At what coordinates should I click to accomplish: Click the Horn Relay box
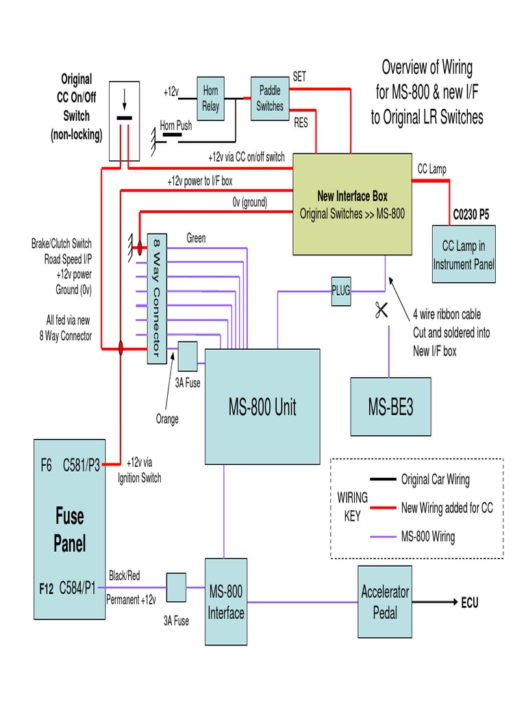point(210,99)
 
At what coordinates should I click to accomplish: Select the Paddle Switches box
point(270,99)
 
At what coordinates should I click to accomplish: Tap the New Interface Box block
point(352,204)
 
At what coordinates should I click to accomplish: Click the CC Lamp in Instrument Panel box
point(464,254)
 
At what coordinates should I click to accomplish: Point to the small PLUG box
point(340,290)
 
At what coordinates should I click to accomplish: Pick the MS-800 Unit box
point(262,407)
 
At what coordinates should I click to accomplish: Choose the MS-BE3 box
point(390,407)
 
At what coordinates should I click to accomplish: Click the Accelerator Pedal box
point(385,601)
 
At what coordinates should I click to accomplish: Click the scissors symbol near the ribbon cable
point(381,310)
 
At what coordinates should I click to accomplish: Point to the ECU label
point(469,602)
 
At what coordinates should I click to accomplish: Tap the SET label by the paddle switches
point(299,77)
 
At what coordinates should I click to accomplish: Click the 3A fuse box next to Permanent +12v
point(176,587)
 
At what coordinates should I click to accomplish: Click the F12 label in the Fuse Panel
point(45,587)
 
